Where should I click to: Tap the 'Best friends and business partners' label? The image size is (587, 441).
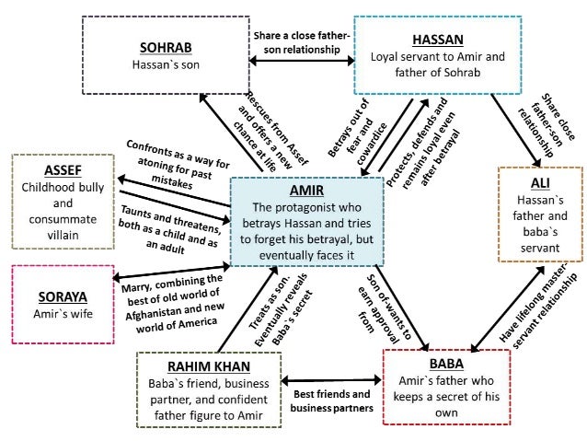point(331,400)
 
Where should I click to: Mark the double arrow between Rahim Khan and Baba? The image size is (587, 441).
point(331,378)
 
